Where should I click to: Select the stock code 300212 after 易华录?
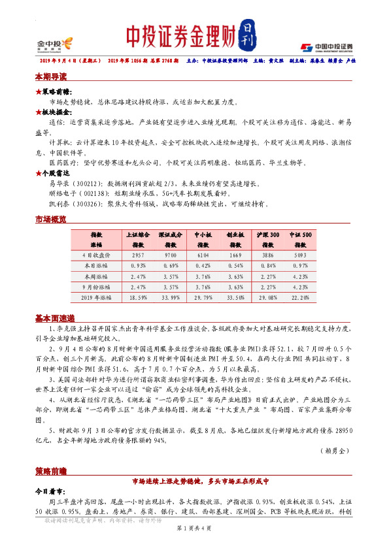click(x=86, y=185)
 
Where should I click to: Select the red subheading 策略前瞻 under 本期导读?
click(x=53, y=93)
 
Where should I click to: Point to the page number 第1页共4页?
click(x=194, y=545)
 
